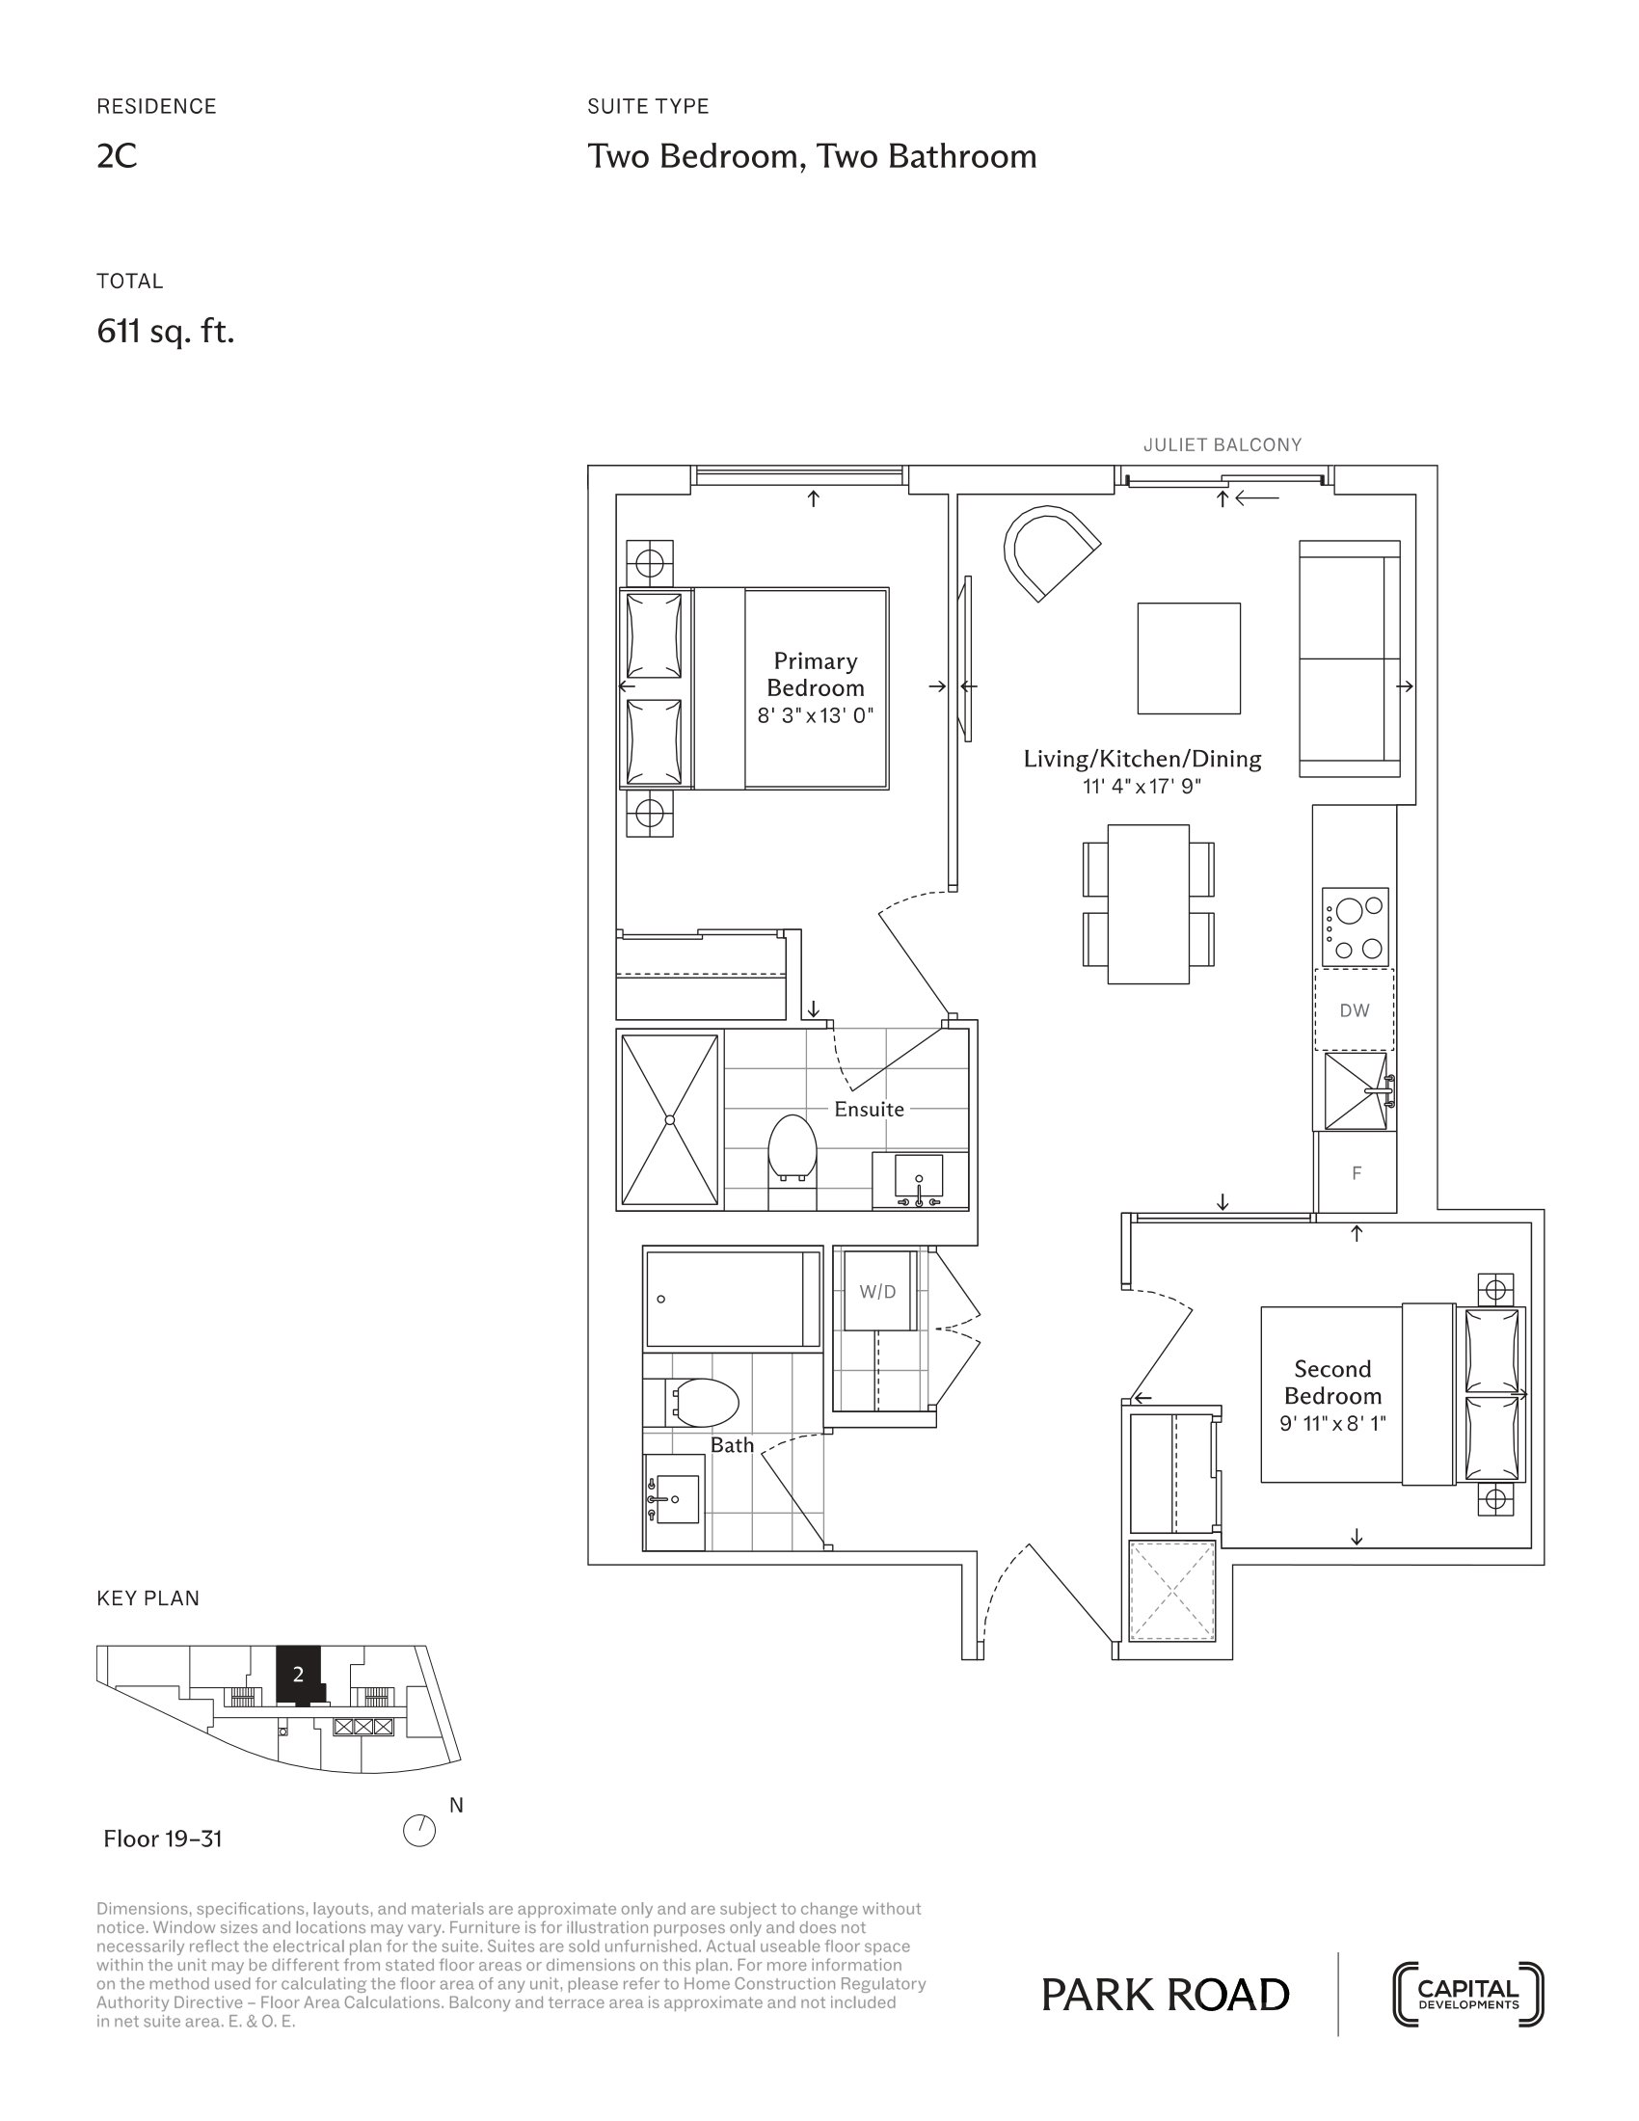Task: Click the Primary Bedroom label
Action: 815,674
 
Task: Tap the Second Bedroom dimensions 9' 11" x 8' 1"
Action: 1332,1424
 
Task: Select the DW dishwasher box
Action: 1354,1010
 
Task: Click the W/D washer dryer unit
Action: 877,1292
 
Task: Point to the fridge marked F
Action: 1357,1173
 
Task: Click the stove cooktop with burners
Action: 1356,926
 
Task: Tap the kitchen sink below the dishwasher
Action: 1356,1091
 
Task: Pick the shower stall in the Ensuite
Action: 670,1120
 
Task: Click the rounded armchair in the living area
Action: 1047,553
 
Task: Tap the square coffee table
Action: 1189,658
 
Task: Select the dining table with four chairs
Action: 1148,904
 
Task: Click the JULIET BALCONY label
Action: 1222,444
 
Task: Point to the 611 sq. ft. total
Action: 166,333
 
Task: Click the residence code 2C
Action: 117,156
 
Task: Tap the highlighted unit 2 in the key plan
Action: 299,1675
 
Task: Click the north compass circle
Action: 419,1832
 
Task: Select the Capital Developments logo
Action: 1468,1995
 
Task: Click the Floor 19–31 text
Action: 163,1839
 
